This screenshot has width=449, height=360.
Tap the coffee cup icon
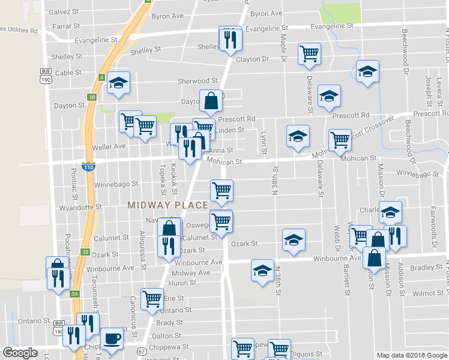111,339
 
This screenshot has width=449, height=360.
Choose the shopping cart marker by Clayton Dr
309,53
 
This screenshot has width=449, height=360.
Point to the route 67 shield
142,351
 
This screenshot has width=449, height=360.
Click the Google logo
20,353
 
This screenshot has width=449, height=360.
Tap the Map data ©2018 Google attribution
411,355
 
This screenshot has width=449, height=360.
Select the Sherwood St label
197,80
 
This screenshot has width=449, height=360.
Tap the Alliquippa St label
143,247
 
